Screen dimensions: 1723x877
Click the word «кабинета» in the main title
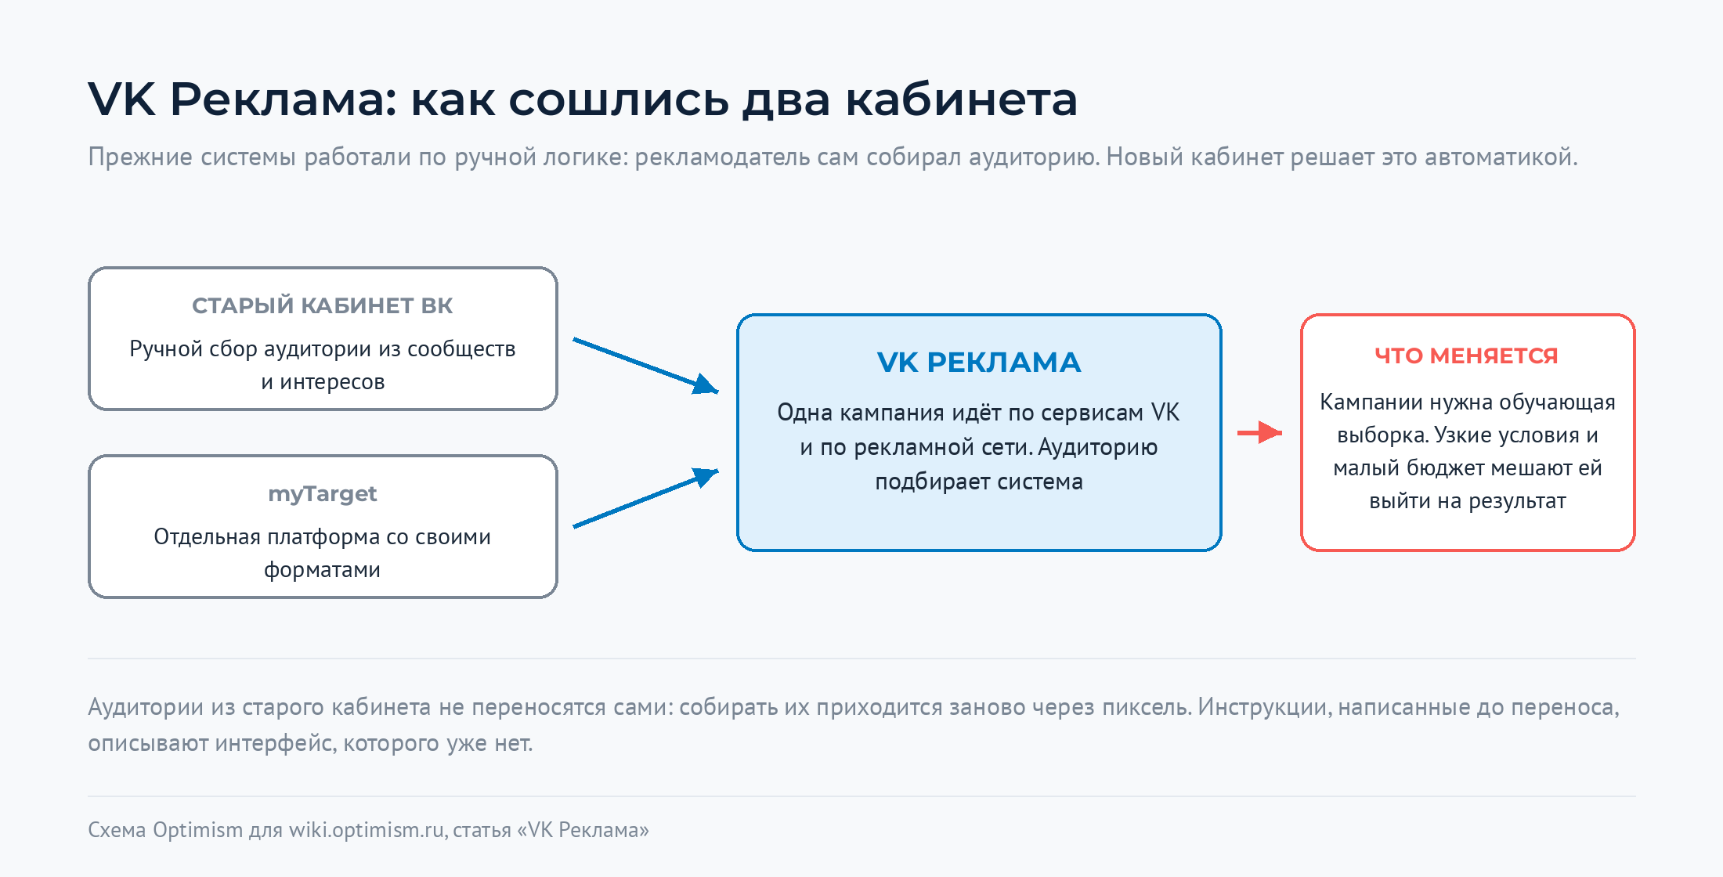point(961,99)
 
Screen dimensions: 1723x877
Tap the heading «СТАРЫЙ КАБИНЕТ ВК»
point(323,305)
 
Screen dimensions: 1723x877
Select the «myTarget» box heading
point(323,494)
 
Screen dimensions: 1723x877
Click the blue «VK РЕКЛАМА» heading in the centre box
point(979,363)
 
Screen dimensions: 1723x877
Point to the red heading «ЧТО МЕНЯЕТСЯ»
point(1467,355)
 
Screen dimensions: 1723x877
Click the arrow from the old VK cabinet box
point(646,365)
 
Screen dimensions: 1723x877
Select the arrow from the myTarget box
point(646,498)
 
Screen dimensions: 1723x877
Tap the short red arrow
point(1259,432)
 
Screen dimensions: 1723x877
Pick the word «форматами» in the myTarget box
point(322,570)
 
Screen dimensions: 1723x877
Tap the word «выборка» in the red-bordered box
point(1382,435)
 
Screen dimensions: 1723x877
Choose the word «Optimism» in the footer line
point(197,830)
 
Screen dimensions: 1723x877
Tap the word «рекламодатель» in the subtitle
point(722,157)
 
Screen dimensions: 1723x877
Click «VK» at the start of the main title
point(122,99)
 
